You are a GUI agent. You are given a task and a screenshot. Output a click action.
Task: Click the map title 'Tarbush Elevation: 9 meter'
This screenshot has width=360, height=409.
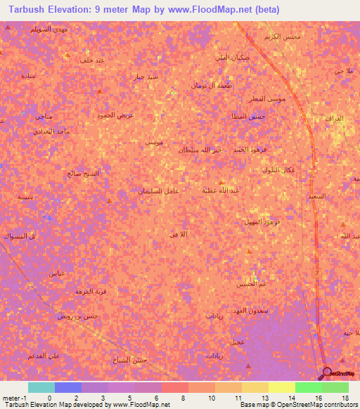pyautogui.click(x=71, y=10)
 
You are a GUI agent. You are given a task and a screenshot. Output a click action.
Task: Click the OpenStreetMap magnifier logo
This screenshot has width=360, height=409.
pyautogui.click(x=326, y=372)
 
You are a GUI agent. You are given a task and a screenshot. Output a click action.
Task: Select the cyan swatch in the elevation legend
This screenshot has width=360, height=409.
pyautogui.click(x=41, y=387)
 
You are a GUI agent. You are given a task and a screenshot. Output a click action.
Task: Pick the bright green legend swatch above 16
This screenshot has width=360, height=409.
pyautogui.click(x=309, y=387)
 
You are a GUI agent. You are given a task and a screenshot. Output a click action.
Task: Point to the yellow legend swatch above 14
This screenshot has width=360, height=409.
pyautogui.click(x=282, y=387)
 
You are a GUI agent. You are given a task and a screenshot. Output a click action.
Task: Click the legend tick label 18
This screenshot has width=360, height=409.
pyautogui.click(x=345, y=398)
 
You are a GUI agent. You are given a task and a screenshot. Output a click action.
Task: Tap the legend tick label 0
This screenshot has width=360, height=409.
pyautogui.click(x=49, y=398)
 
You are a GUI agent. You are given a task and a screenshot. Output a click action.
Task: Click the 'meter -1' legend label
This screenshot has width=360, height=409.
pyautogui.click(x=14, y=398)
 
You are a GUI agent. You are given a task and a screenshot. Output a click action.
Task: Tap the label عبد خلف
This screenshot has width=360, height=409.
pyautogui.click(x=92, y=60)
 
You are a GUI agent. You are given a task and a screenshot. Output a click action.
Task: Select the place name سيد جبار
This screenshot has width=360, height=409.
pyautogui.click(x=147, y=76)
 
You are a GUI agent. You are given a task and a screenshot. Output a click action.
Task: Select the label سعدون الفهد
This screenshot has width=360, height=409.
pyautogui.click(x=266, y=310)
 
